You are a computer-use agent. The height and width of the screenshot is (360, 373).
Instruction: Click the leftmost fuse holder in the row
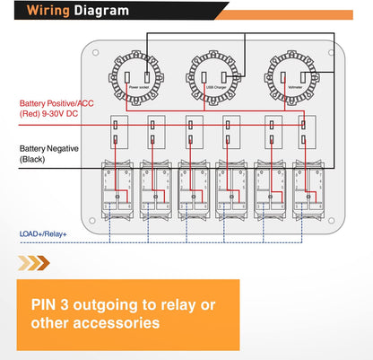pos(117,132)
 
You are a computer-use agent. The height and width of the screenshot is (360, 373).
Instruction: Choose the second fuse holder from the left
pos(155,132)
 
